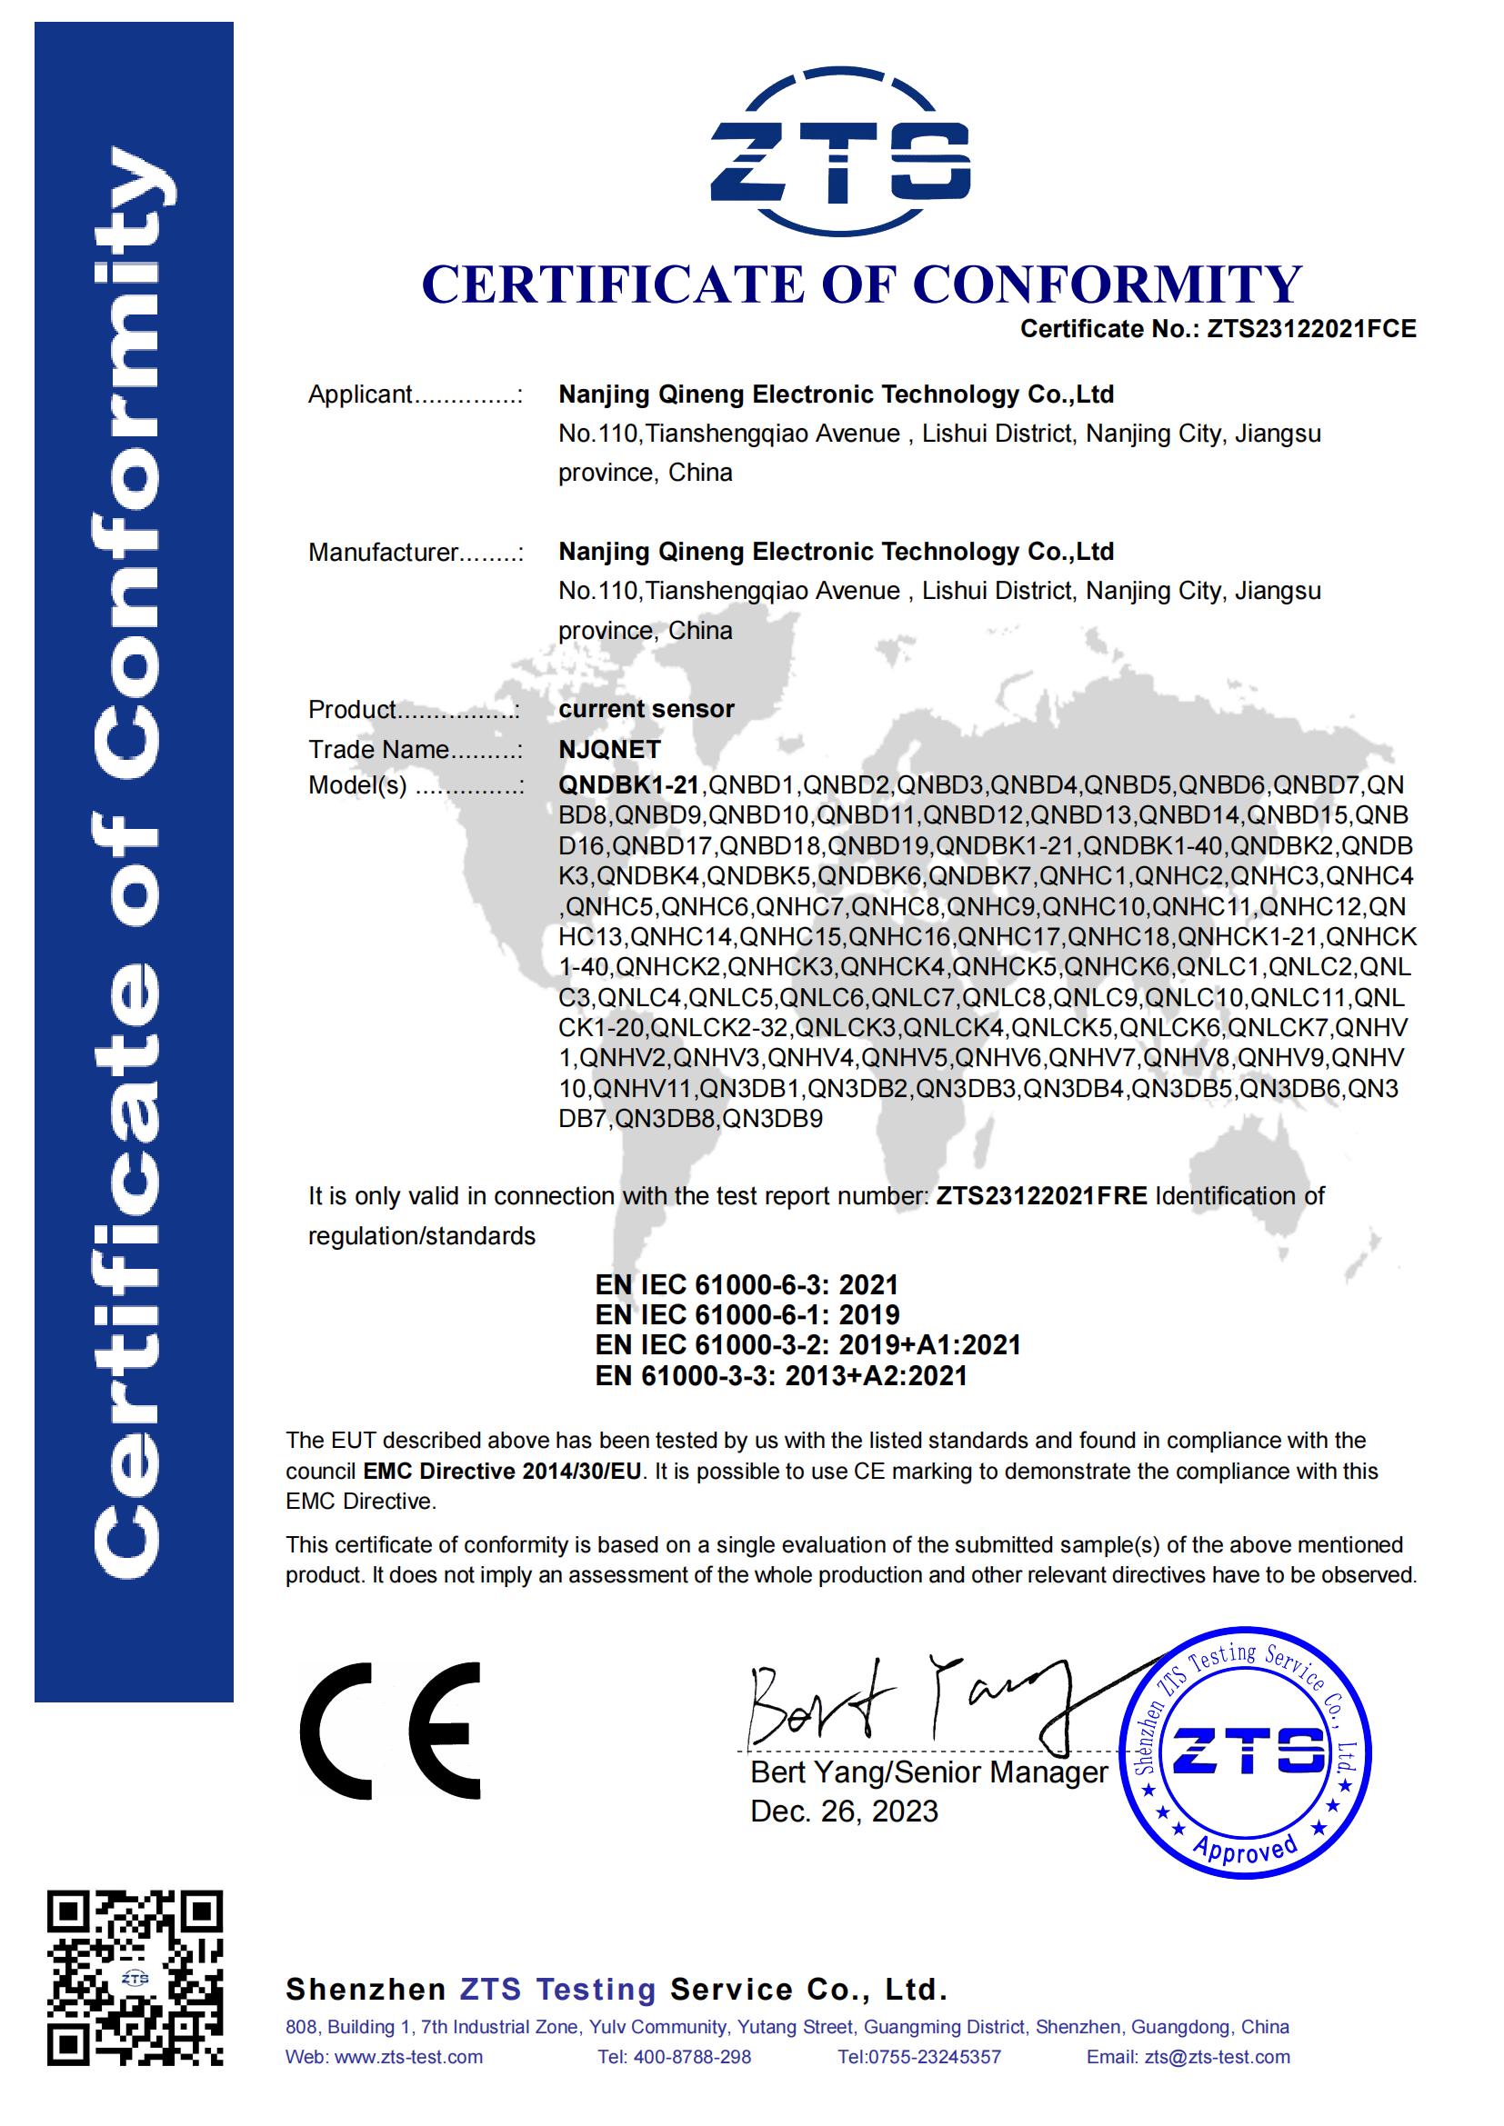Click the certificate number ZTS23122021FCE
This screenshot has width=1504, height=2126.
click(1310, 330)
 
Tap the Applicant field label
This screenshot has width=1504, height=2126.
click(360, 395)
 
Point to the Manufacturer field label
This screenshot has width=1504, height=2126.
click(383, 553)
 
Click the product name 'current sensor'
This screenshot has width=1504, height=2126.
click(646, 709)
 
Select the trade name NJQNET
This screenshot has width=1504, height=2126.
click(609, 749)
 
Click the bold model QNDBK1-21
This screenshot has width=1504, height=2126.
click(629, 785)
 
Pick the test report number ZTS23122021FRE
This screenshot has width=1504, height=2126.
click(1041, 1196)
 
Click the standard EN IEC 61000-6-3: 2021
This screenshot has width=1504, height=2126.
click(747, 1285)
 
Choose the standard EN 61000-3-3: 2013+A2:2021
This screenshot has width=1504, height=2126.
click(781, 1376)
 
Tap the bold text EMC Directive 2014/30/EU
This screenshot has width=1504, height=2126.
click(502, 1472)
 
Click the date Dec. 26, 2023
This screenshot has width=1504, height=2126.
click(844, 1812)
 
